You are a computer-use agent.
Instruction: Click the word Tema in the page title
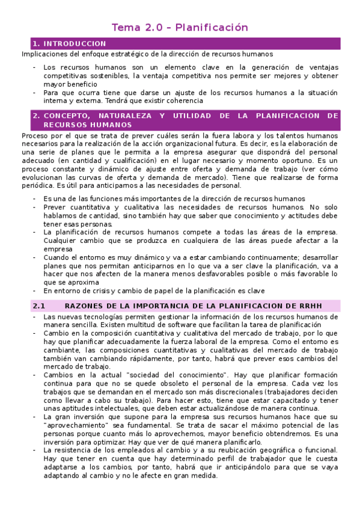coord(124,28)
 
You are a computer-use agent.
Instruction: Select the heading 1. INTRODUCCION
coord(69,44)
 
